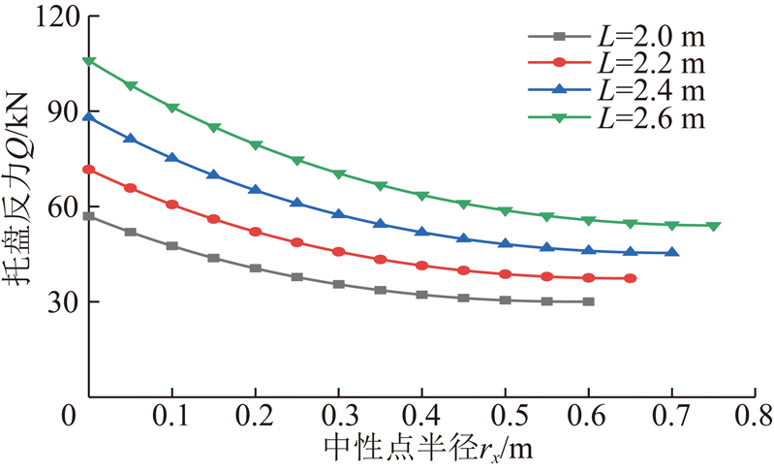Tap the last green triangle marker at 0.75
coord(713,226)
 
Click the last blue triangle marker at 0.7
coord(672,253)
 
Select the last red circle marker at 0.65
coord(631,278)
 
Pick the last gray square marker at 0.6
coord(589,301)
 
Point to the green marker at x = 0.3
coord(339,173)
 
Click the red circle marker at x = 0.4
coord(422,266)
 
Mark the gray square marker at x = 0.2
coord(256,268)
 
